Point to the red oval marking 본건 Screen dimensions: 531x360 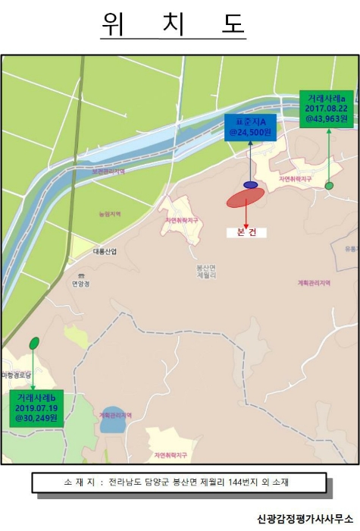[246, 197]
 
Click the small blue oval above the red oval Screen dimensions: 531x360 [250, 184]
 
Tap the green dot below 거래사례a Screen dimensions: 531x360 [329, 185]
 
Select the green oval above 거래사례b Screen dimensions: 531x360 [34, 343]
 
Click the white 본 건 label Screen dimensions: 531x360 [246, 232]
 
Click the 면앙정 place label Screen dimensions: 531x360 [81, 284]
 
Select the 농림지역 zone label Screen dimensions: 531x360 [109, 214]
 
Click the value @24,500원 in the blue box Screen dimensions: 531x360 [250, 133]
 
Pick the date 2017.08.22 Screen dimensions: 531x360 [326, 108]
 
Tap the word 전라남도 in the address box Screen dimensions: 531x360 [125, 482]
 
